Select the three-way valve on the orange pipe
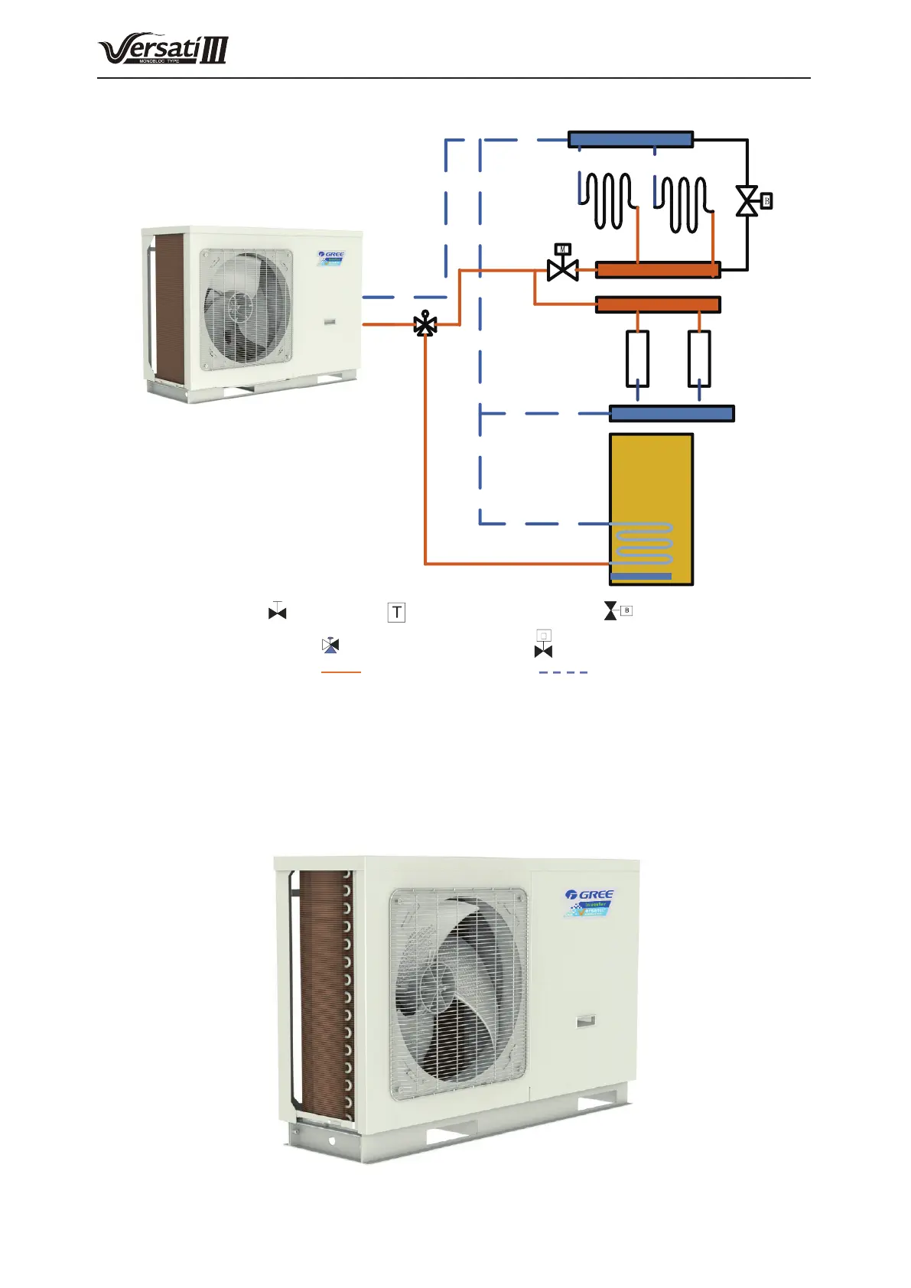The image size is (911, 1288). pyautogui.click(x=425, y=324)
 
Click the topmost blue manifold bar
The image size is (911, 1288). pyautogui.click(x=630, y=139)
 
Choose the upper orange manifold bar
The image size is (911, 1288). pyautogui.click(x=658, y=270)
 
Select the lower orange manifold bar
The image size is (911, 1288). pyautogui.click(x=658, y=304)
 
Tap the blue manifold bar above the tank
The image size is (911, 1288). pyautogui.click(x=672, y=414)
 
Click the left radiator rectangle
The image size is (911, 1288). pyautogui.click(x=638, y=358)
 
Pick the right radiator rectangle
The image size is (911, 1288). pyautogui.click(x=699, y=358)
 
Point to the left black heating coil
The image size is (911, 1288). pyautogui.click(x=605, y=200)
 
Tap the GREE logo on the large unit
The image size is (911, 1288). pyautogui.click(x=590, y=894)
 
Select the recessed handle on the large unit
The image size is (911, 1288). pyautogui.click(x=587, y=1020)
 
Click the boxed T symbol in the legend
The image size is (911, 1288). pyautogui.click(x=396, y=613)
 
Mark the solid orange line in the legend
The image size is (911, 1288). pyautogui.click(x=340, y=672)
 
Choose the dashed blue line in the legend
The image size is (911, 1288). pyautogui.click(x=563, y=672)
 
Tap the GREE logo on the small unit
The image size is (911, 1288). pyautogui.click(x=332, y=255)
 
